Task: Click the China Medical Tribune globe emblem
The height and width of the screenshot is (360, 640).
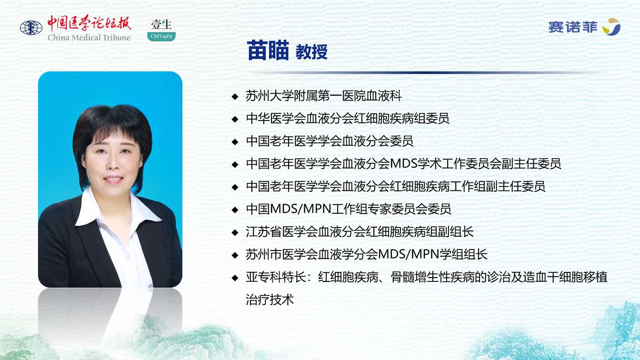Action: [x=31, y=28]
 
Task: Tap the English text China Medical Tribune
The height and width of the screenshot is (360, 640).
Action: [x=89, y=38]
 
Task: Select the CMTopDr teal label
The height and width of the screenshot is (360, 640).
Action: [x=161, y=36]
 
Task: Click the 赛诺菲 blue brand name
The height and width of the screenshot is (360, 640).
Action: [x=573, y=28]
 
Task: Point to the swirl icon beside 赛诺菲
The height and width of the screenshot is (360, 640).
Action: [x=611, y=27]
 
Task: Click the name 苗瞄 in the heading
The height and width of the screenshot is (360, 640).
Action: [x=268, y=50]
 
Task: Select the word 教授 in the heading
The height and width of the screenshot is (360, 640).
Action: [x=311, y=52]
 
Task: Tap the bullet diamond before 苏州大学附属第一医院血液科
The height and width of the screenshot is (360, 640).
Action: [x=235, y=96]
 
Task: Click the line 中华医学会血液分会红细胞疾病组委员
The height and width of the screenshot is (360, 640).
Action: [x=348, y=119]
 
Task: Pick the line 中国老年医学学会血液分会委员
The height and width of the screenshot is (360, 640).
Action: [x=330, y=141]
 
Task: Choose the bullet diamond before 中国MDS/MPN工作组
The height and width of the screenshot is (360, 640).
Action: [x=235, y=210]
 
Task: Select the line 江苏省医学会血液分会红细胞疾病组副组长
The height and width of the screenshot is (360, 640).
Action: [x=360, y=232]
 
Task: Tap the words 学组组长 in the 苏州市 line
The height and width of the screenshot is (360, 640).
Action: [x=463, y=254]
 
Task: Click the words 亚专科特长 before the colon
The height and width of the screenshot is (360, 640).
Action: [x=276, y=277]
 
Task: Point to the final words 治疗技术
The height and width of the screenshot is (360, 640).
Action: [x=270, y=300]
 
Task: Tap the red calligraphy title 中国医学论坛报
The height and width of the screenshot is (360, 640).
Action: [x=89, y=23]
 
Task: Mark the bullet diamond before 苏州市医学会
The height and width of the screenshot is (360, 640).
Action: [x=235, y=255]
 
